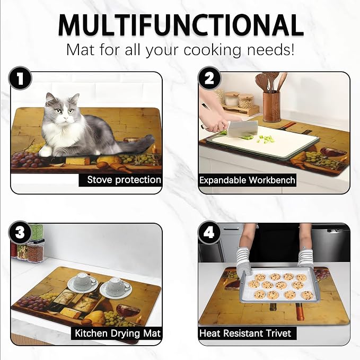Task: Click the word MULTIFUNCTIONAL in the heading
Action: (x=181, y=25)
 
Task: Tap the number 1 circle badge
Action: (x=20, y=78)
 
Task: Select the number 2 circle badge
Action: (x=209, y=78)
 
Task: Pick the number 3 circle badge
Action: (x=20, y=232)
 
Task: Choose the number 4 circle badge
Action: (x=209, y=232)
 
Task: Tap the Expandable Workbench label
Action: (x=247, y=180)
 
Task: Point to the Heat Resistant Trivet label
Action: (x=245, y=333)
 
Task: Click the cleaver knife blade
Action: (x=243, y=129)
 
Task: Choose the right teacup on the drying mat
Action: (x=116, y=286)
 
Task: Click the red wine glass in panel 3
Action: (x=128, y=313)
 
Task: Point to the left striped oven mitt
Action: (x=244, y=262)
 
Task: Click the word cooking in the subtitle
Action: (x=213, y=50)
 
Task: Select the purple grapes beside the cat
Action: (x=25, y=160)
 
